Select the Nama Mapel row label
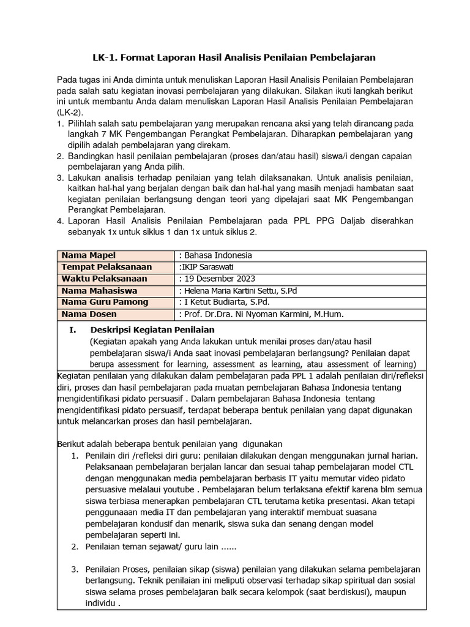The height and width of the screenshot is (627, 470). point(88,255)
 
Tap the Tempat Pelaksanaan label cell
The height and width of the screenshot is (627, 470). point(106,267)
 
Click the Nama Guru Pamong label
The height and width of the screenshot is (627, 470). point(104,302)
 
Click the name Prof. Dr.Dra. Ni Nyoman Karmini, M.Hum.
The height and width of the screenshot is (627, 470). point(261,314)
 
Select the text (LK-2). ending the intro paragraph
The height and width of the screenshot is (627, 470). point(69,113)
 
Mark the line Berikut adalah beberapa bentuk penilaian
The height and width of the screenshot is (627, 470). point(169,443)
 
